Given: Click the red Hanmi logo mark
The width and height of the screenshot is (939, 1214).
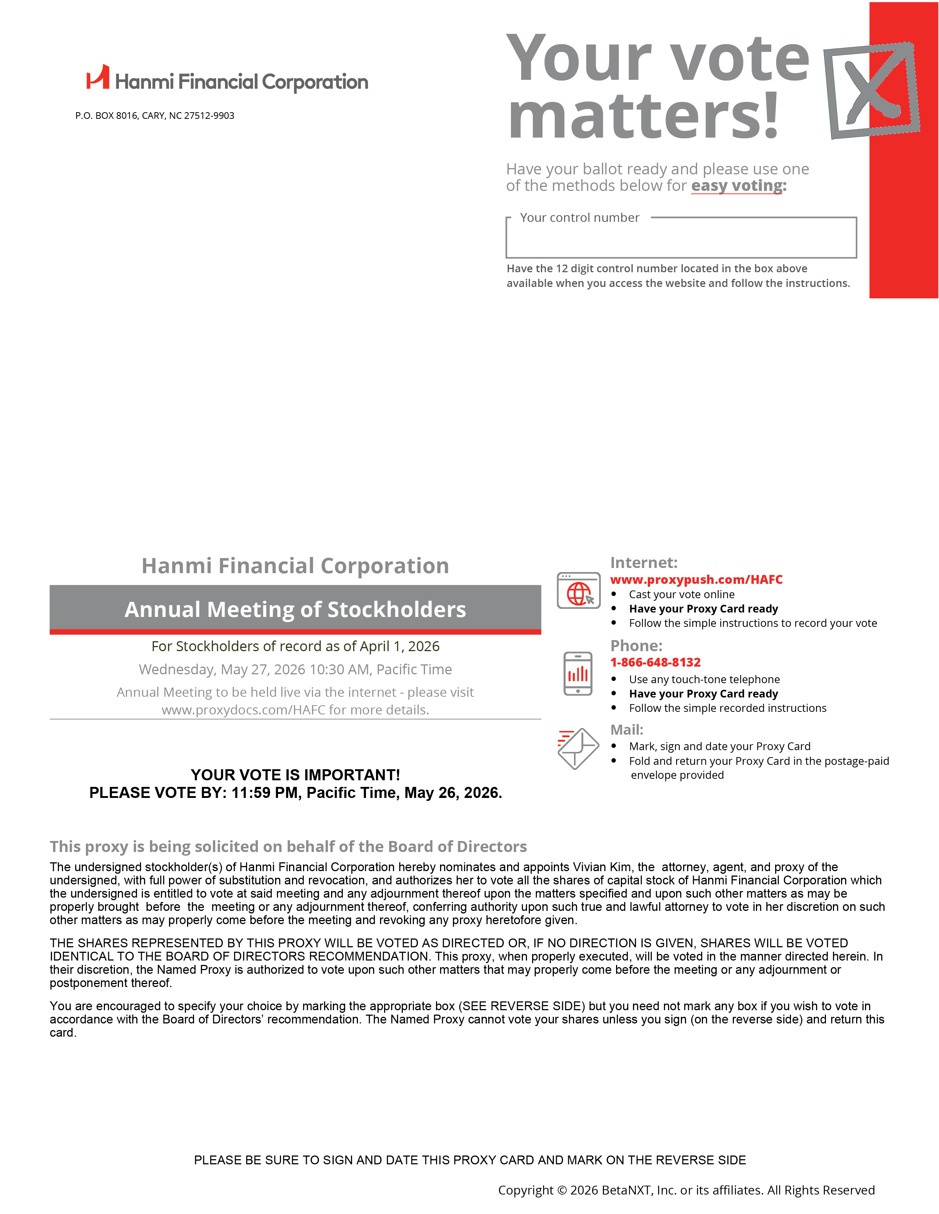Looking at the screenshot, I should pyautogui.click(x=98, y=78).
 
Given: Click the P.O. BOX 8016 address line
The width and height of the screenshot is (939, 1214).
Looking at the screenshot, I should pyautogui.click(x=155, y=116).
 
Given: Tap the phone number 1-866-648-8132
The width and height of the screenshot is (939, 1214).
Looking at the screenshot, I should pyautogui.click(x=655, y=662).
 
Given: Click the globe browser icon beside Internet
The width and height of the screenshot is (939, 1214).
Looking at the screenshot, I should pyautogui.click(x=578, y=590).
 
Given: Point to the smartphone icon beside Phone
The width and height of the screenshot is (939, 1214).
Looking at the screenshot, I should pyautogui.click(x=578, y=674).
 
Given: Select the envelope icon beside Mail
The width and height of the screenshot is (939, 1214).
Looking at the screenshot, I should pyautogui.click(x=578, y=748).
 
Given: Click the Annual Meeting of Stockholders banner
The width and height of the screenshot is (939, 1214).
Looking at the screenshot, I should pyautogui.click(x=295, y=609).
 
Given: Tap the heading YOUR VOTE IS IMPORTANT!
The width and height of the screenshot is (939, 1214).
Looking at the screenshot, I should pyautogui.click(x=295, y=775).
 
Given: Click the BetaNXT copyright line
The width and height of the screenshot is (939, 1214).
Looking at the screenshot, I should pyautogui.click(x=686, y=1190).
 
